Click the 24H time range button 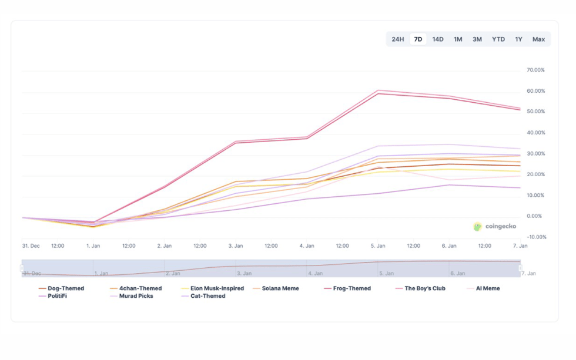tap(398, 39)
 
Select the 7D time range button tap(418, 39)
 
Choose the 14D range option tap(438, 39)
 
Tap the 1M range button tap(458, 39)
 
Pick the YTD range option tap(498, 39)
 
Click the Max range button tap(538, 39)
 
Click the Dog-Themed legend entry tap(65, 288)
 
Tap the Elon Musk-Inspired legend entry tap(217, 288)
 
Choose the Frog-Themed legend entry tap(351, 288)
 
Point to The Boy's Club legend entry tap(425, 288)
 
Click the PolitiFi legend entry tap(57, 296)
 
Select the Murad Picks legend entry tap(136, 296)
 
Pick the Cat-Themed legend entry tap(207, 296)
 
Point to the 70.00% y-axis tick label tap(535, 70)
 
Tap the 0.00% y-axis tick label tap(535, 216)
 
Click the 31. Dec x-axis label tap(31, 246)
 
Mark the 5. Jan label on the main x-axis tap(378, 246)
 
